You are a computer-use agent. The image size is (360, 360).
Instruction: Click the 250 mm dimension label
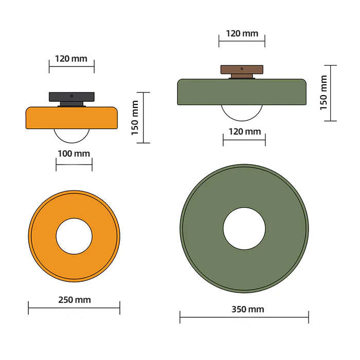(x=74, y=300)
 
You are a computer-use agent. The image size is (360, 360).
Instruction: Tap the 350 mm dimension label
(x=244, y=309)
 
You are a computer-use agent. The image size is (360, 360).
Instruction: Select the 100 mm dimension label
(x=74, y=153)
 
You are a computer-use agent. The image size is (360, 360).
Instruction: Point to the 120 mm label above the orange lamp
(x=71, y=58)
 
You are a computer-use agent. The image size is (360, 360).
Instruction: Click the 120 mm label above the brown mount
(x=242, y=33)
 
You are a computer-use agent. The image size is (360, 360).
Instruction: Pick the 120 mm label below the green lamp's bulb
(x=244, y=132)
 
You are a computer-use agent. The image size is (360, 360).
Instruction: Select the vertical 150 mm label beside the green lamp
(x=323, y=93)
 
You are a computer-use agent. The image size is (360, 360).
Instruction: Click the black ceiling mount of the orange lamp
(x=71, y=97)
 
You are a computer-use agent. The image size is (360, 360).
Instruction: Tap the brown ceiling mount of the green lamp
(x=242, y=69)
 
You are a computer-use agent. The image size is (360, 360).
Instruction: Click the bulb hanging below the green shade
(x=242, y=112)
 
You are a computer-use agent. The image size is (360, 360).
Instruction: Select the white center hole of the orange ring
(x=74, y=236)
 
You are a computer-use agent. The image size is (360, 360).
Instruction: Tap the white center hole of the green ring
(x=244, y=228)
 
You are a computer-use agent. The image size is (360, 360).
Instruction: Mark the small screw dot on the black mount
(x=72, y=95)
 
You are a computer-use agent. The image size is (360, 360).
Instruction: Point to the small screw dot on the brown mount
(x=242, y=68)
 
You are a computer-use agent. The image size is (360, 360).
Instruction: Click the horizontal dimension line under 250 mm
(x=74, y=309)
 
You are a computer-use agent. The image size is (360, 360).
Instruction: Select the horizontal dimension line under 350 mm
(x=244, y=318)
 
